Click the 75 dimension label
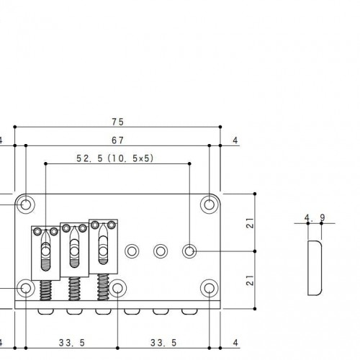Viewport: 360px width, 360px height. click(x=118, y=122)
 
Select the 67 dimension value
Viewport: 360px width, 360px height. click(x=118, y=140)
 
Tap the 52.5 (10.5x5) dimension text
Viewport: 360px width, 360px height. click(x=115, y=158)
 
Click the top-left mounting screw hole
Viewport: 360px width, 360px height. click(x=26, y=204)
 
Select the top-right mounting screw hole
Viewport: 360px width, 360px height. click(x=210, y=204)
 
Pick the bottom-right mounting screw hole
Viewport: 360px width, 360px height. click(x=210, y=288)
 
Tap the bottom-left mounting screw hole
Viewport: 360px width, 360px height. click(x=26, y=288)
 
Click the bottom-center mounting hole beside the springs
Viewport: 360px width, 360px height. click(x=117, y=288)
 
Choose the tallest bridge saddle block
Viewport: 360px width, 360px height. click(x=103, y=246)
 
